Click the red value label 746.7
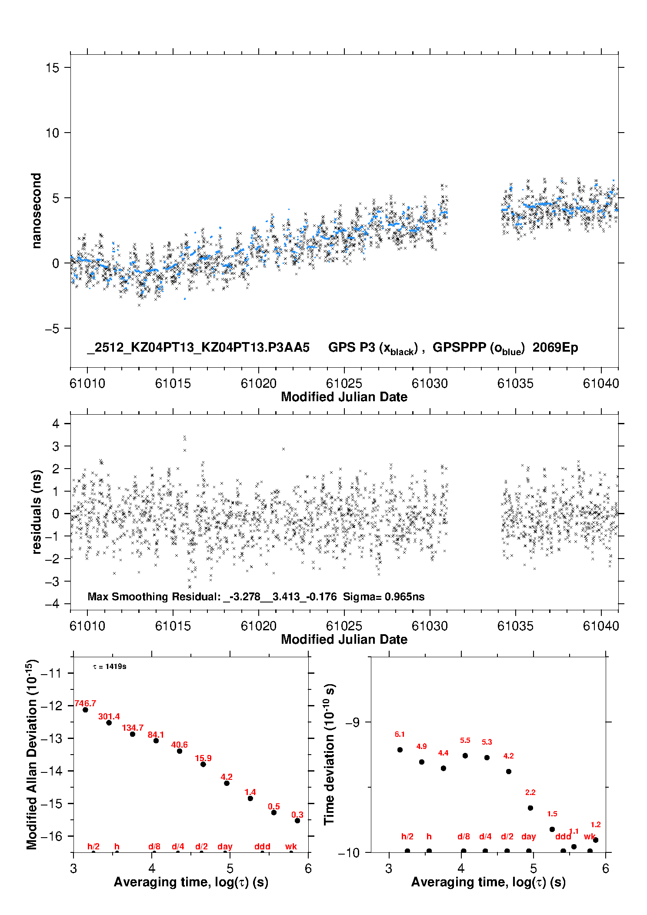tap(85, 703)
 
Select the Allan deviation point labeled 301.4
tap(109, 722)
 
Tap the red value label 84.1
tap(156, 735)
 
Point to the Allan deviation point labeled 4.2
tap(227, 783)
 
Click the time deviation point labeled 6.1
tap(400, 750)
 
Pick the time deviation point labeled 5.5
tap(465, 755)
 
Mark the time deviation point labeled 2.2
tap(530, 808)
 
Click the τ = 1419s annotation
tap(110, 666)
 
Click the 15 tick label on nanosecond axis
tap(52, 67)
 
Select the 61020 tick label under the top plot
tap(258, 383)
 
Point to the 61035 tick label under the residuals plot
tap(515, 626)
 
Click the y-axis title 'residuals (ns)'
tap(37, 512)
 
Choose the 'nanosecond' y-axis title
tap(37, 211)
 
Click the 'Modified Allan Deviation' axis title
tap(32, 754)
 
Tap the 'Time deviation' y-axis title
tap(330, 754)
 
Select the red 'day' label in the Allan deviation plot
tap(225, 846)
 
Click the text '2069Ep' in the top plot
tap(555, 347)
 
